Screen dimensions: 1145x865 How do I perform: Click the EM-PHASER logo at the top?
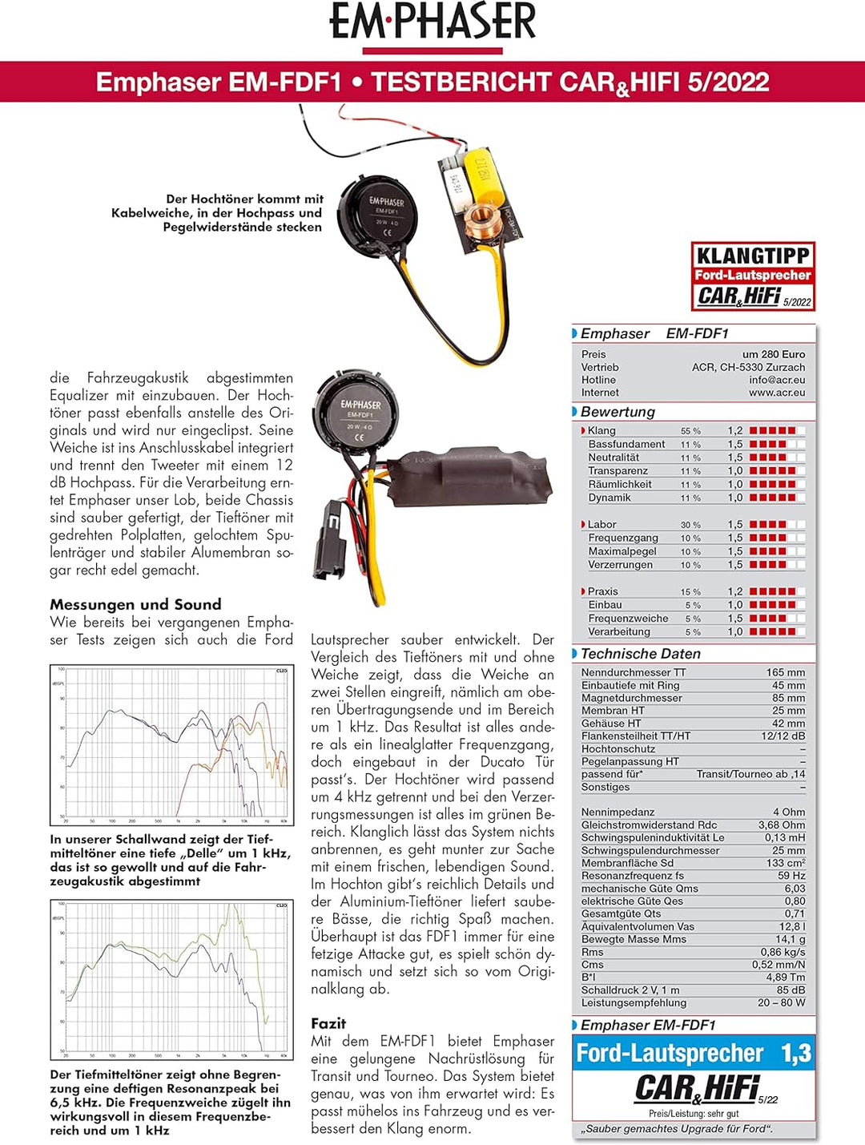432,22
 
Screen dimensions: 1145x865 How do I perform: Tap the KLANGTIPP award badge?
753,276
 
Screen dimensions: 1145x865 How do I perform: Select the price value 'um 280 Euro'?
773,354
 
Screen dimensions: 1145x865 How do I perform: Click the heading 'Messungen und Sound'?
135,604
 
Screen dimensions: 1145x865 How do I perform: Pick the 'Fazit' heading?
328,1023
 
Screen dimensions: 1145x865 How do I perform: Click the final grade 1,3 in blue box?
796,1053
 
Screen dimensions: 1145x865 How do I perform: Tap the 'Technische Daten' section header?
641,654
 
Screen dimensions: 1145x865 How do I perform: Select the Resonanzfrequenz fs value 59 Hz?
791,876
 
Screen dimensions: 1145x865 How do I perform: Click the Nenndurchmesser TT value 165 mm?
785,672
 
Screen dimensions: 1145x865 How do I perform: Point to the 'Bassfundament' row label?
626,444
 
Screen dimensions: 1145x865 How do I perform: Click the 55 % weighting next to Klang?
690,431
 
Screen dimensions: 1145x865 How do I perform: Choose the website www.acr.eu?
777,393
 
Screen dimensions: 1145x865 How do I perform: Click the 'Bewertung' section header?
618,412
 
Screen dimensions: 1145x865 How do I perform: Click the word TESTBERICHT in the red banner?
461,82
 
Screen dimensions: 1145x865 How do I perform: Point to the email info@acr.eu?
777,380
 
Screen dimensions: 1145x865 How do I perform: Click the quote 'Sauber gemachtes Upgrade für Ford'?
677,1129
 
